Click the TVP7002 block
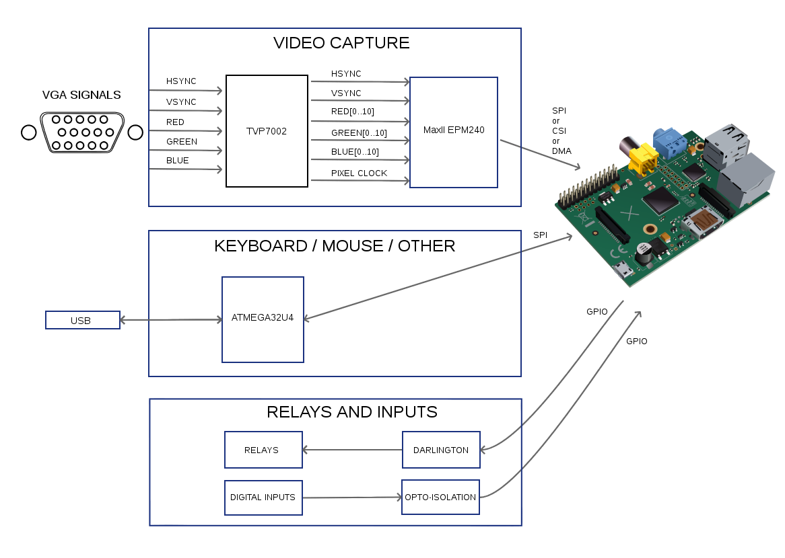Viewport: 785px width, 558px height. [x=267, y=131]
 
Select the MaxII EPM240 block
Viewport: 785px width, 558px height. [x=454, y=132]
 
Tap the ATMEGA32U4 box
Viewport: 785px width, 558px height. [x=263, y=319]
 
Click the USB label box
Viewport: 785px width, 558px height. [x=82, y=320]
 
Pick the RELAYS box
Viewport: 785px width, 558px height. [x=263, y=450]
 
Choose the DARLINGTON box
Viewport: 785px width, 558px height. [x=441, y=450]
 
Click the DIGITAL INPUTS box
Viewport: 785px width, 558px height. [x=263, y=497]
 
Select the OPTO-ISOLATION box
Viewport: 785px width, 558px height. [x=440, y=497]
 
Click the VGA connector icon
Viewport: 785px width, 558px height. [x=82, y=132]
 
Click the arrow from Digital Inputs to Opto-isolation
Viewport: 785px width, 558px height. [x=351, y=497]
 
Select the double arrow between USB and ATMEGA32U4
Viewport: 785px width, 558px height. [x=171, y=320]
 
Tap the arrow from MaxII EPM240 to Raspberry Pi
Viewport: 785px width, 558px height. [x=539, y=155]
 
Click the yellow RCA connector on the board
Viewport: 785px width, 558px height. [x=645, y=158]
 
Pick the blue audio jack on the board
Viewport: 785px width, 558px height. [x=668, y=143]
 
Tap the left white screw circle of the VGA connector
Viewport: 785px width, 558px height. [x=28, y=132]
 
